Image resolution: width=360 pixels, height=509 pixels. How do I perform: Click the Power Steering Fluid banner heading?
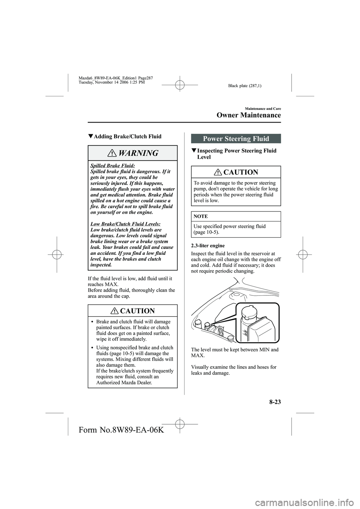236,138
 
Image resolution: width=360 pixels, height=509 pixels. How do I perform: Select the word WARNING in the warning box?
138,153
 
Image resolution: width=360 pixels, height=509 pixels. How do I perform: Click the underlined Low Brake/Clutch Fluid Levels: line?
126,224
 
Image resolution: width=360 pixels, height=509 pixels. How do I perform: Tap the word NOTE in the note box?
201,216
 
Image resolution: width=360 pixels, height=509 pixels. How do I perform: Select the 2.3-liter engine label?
208,246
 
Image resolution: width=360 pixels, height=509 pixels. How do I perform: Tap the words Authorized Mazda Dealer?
124,382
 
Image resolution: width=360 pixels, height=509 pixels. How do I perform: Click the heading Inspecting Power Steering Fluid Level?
237,154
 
